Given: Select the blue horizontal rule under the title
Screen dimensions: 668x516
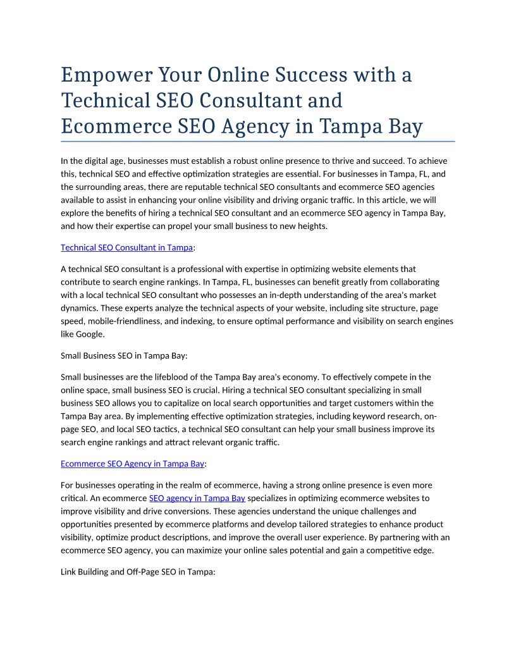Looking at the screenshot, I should (x=257, y=141).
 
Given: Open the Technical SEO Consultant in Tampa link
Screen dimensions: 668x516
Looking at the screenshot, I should (x=126, y=248).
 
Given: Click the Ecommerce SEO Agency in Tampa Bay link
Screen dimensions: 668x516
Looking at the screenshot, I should (x=132, y=464).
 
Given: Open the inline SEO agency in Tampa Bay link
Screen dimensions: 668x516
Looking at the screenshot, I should (x=197, y=498).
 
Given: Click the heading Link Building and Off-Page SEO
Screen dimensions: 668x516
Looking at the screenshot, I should (x=138, y=572).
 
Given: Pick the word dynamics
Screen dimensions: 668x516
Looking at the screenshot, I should (x=79, y=309).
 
